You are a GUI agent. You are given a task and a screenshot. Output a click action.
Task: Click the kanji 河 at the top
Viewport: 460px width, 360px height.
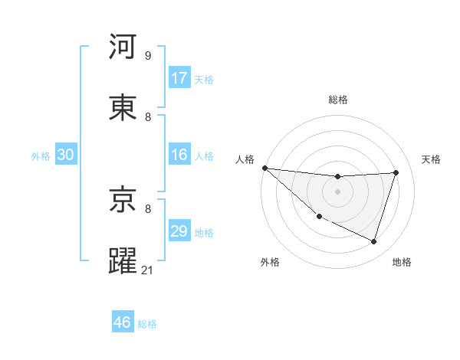tap(123, 47)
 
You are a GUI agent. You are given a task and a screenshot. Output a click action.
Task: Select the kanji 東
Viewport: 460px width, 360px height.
tap(123, 107)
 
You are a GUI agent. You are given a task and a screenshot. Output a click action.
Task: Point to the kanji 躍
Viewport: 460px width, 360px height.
tap(123, 260)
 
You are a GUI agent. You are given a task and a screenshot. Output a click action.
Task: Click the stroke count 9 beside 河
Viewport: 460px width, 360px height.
tap(148, 56)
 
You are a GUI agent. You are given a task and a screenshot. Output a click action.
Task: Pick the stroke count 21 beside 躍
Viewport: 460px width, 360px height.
tap(148, 270)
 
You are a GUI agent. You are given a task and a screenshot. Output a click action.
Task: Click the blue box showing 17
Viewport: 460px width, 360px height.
tap(179, 78)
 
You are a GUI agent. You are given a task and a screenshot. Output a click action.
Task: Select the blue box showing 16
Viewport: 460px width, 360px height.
tap(179, 155)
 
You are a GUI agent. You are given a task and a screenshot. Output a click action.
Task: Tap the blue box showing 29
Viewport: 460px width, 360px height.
tap(179, 231)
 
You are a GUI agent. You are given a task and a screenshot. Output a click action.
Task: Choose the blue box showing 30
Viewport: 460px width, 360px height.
tap(66, 155)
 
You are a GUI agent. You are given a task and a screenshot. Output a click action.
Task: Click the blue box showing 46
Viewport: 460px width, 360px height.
tap(123, 322)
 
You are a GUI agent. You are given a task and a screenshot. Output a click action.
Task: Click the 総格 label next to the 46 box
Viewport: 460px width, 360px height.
tap(147, 324)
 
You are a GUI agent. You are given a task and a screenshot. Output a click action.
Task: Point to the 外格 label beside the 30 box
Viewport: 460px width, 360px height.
tap(41, 155)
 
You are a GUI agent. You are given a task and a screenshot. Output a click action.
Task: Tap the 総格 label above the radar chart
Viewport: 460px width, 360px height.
tap(337, 100)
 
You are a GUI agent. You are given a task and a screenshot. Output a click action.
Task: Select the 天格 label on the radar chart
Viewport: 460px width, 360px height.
tap(432, 159)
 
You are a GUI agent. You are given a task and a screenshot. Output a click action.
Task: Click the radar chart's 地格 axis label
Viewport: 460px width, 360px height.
tap(402, 262)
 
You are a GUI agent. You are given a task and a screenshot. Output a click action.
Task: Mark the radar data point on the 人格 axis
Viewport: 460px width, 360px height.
tap(264, 168)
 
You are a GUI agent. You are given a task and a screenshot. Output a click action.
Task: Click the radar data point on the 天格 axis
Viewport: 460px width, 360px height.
tap(396, 172)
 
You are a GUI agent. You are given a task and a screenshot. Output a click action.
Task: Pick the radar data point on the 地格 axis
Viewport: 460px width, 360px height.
tap(373, 241)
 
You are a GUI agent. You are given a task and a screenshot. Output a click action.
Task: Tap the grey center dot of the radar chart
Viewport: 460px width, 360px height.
tap(337, 191)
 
